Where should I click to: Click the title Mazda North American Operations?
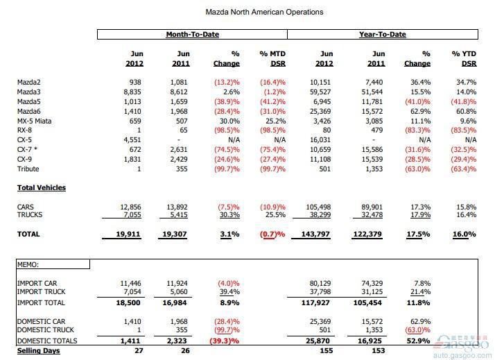[264, 12]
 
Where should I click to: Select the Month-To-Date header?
[193, 34]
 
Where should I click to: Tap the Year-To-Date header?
[383, 34]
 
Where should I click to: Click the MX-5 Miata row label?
[35, 121]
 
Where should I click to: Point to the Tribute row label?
[28, 169]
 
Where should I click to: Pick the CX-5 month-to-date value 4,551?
[132, 140]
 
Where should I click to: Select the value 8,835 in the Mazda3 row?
[132, 92]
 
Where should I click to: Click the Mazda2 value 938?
[135, 83]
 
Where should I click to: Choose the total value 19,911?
[128, 234]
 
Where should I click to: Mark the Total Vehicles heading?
[42, 187]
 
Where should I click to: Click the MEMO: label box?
[53, 264]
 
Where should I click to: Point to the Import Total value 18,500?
[128, 303]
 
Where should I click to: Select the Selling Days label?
[39, 350]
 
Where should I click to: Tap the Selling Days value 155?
[326, 350]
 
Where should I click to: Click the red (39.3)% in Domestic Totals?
[225, 341]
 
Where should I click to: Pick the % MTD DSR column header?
[272, 59]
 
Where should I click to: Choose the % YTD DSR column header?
[464, 59]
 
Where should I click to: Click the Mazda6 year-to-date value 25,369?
[320, 112]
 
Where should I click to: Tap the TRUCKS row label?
[30, 215]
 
